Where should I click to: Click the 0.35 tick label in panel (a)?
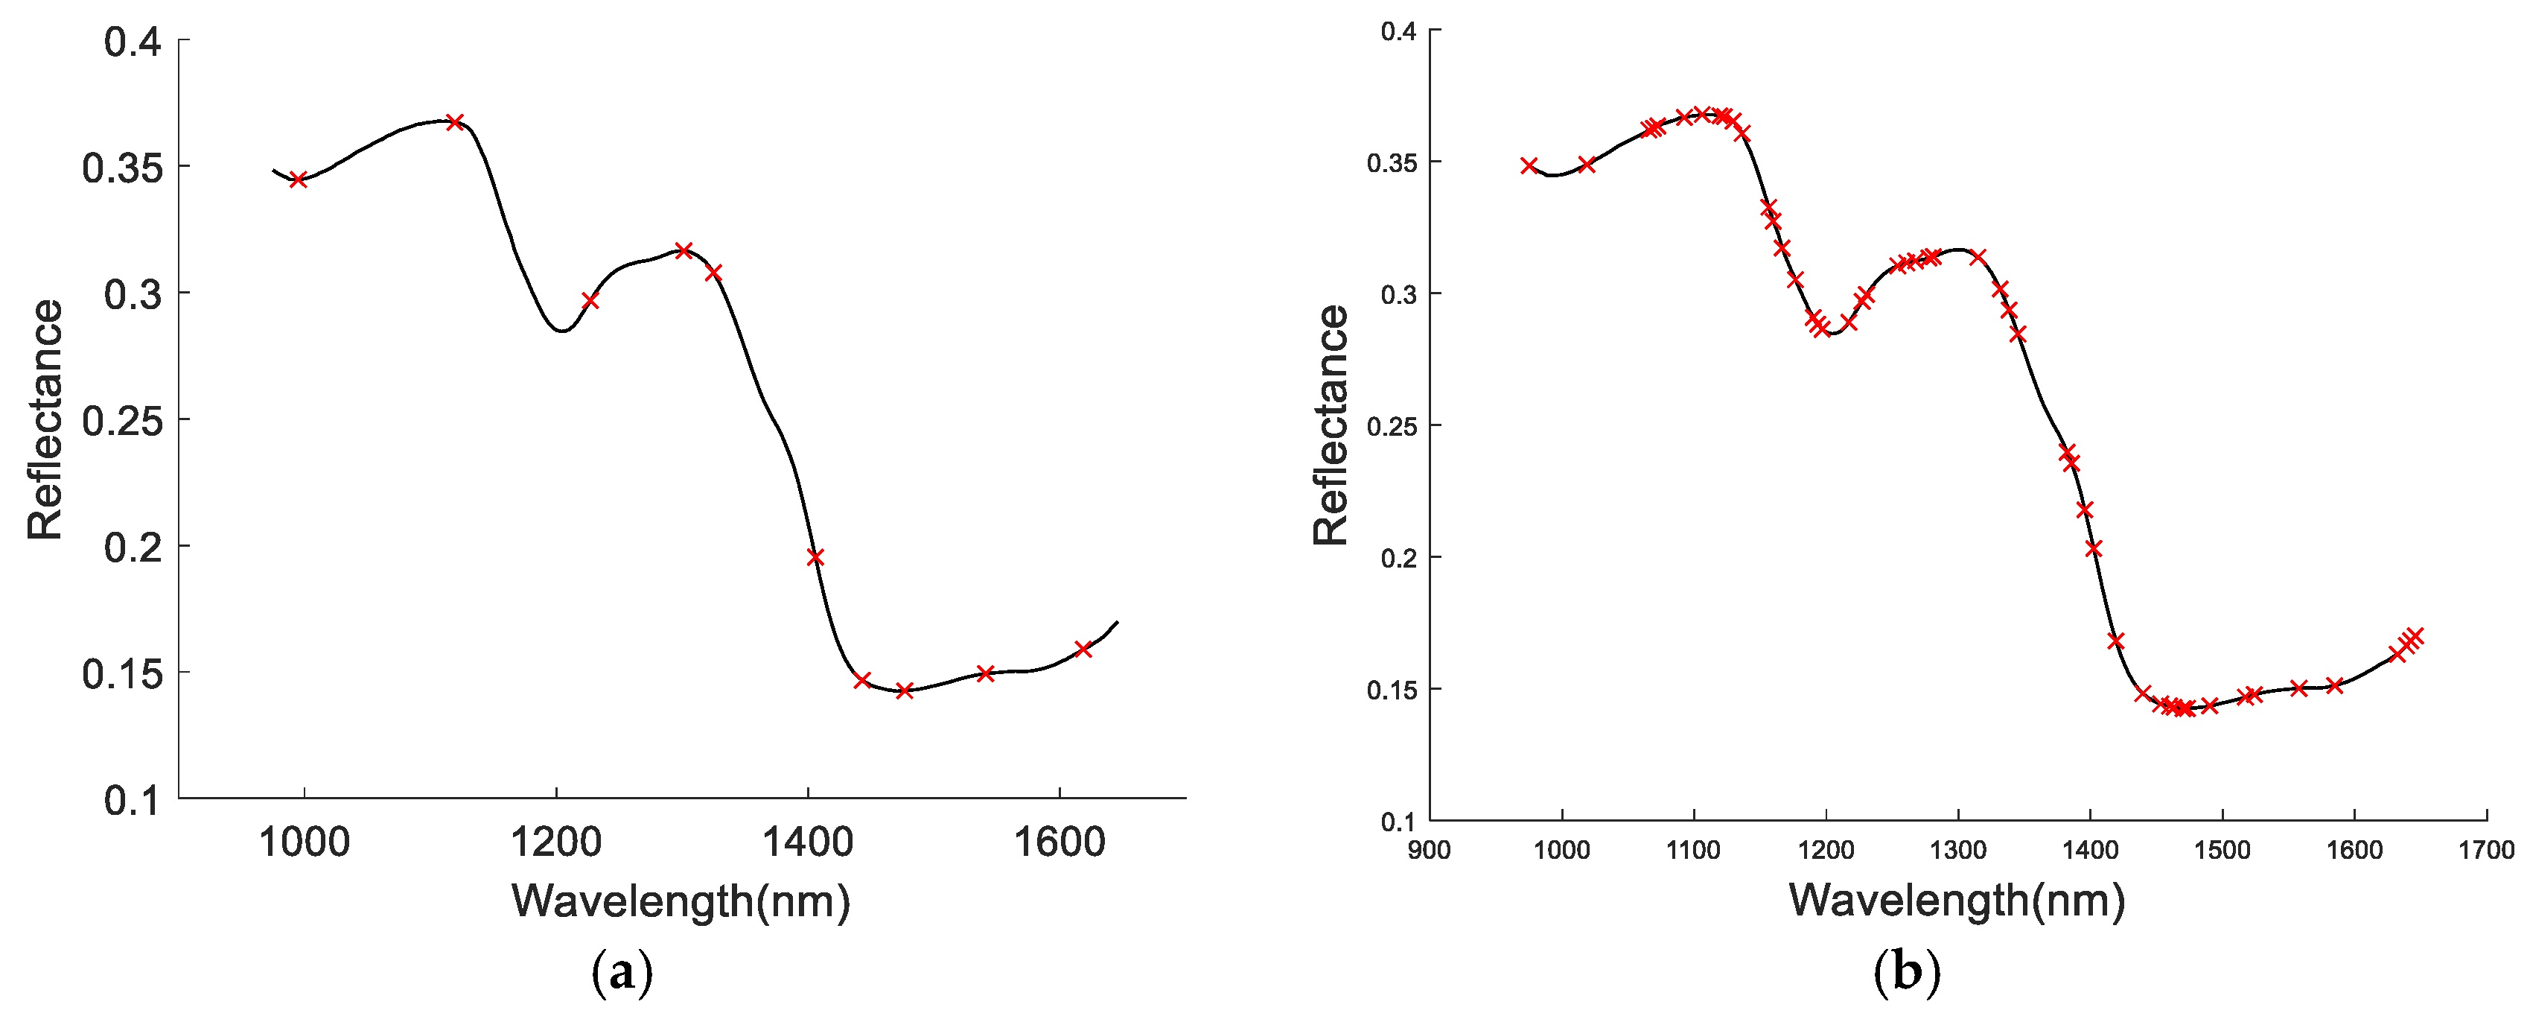coord(122,168)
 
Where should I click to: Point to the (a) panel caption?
coord(622,972)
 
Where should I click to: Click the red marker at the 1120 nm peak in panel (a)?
coord(455,123)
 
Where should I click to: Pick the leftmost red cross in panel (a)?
coord(299,180)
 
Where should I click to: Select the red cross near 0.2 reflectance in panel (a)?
coord(815,557)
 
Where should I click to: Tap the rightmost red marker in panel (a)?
coord(1083,649)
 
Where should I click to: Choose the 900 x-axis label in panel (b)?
coord(1429,850)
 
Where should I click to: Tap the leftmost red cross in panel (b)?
coord(1529,166)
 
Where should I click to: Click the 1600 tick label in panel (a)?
coord(1059,842)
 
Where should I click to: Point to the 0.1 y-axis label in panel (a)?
coord(132,800)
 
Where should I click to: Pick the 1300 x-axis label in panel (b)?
coord(1957,850)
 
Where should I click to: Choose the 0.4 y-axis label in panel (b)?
coord(1398,31)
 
